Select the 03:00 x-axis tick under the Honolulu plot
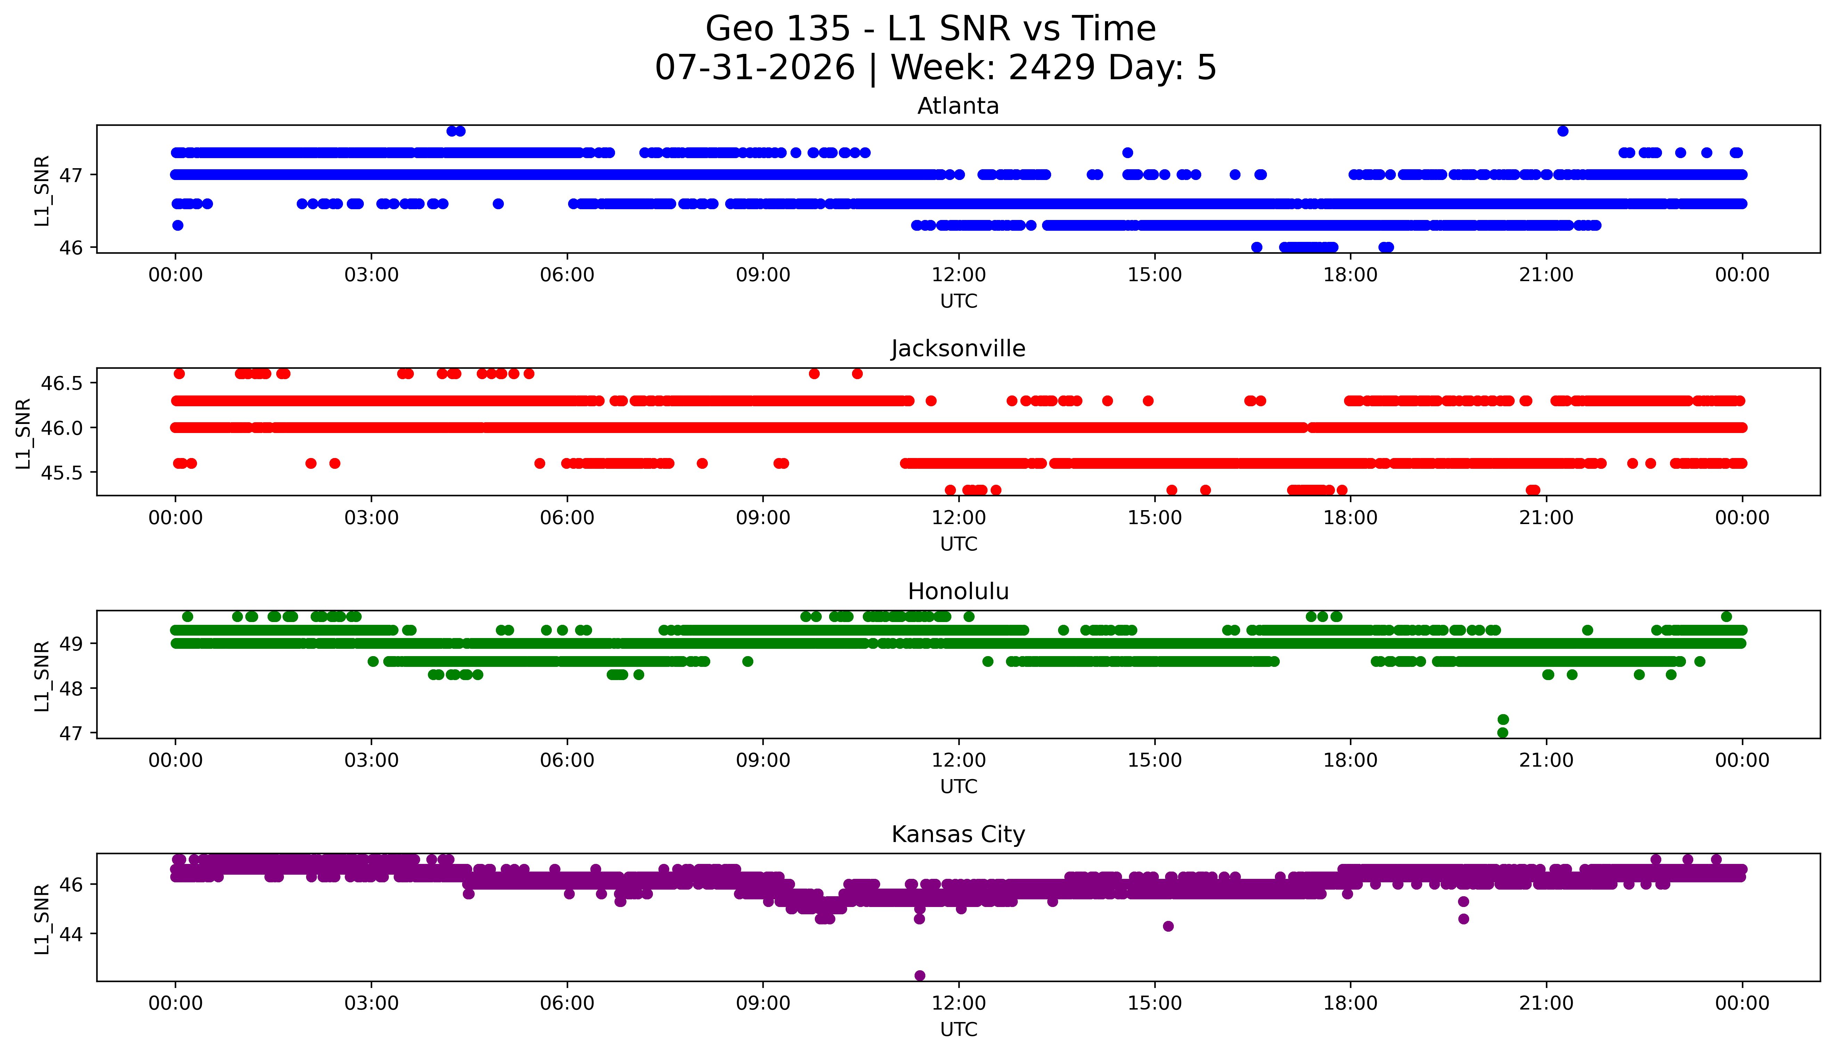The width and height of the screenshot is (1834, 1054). (371, 761)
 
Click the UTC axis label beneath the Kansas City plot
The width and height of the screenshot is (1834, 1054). (958, 1029)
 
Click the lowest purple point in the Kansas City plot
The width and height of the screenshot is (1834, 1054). (920, 976)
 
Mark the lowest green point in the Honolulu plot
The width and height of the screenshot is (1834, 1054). (1503, 733)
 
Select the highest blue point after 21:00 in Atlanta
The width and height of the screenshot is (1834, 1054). (1563, 131)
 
